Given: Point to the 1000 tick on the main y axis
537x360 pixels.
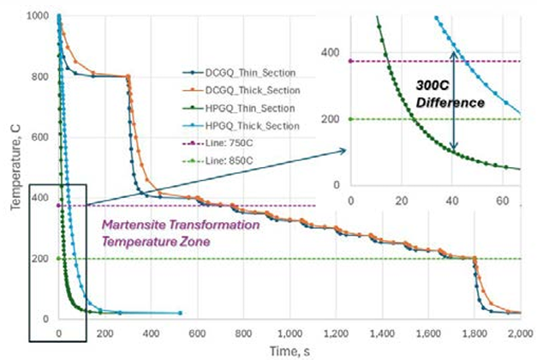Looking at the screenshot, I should coord(39,16).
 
